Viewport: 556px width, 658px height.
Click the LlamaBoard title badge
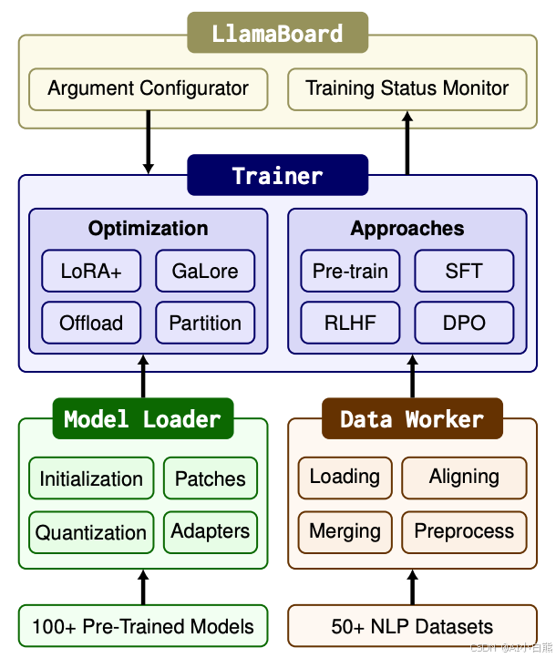(277, 35)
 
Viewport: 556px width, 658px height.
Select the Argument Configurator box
(148, 89)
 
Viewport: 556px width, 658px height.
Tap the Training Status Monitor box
(407, 89)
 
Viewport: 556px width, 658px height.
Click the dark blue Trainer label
(277, 175)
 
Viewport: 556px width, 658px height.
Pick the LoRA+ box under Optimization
(91, 272)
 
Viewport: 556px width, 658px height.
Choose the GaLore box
(205, 272)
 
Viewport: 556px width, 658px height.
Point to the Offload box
(91, 323)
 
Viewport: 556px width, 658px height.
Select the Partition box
(205, 323)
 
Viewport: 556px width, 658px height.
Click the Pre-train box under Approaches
(350, 272)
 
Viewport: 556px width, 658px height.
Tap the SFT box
(464, 272)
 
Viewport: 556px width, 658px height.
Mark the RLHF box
(350, 323)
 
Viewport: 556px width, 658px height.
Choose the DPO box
(464, 323)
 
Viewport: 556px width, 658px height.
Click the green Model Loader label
(143, 419)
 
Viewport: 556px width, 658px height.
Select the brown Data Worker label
(412, 419)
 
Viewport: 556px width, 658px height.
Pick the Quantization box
(91, 532)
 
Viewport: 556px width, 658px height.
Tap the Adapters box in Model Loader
(211, 531)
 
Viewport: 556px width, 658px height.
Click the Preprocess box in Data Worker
(464, 531)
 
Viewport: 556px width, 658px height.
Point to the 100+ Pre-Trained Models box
(143, 626)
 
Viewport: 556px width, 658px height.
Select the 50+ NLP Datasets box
(412, 626)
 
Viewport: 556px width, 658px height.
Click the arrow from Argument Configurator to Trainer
(149, 141)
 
